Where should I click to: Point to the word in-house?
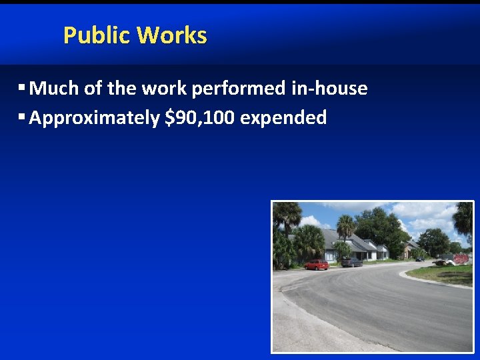pyautogui.click(x=329, y=89)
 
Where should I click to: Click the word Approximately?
pyautogui.click(x=94, y=119)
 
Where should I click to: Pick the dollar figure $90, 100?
pyautogui.click(x=199, y=119)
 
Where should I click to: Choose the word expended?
pyautogui.click(x=283, y=119)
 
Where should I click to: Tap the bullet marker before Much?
pyautogui.click(x=22, y=88)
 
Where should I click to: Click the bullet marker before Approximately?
pyautogui.click(x=22, y=118)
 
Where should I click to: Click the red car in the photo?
pyautogui.click(x=317, y=265)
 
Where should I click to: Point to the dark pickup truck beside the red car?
pyautogui.click(x=351, y=262)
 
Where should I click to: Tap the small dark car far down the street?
pyautogui.click(x=419, y=259)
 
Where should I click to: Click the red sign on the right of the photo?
pyautogui.click(x=461, y=259)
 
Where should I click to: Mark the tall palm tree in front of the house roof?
pyautogui.click(x=345, y=230)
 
